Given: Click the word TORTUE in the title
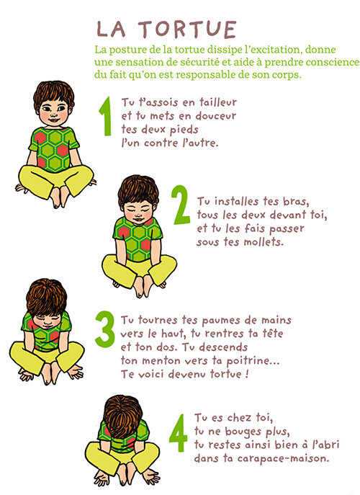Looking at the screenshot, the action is pyautogui.click(x=187, y=30).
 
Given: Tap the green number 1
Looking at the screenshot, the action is pyautogui.click(x=106, y=116).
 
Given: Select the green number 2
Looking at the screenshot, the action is pyautogui.click(x=181, y=205).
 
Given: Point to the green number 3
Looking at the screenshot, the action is pyautogui.click(x=104, y=329).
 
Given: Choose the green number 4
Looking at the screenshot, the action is pyautogui.click(x=179, y=433).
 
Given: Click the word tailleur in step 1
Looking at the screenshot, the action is pyautogui.click(x=218, y=102).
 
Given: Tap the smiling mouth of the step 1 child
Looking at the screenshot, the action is pyautogui.click(x=53, y=120).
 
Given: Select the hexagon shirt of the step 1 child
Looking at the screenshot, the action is pyautogui.click(x=54, y=148).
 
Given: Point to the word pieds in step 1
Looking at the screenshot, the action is pyautogui.click(x=184, y=130).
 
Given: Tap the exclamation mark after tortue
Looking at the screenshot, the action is pyautogui.click(x=247, y=374).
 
